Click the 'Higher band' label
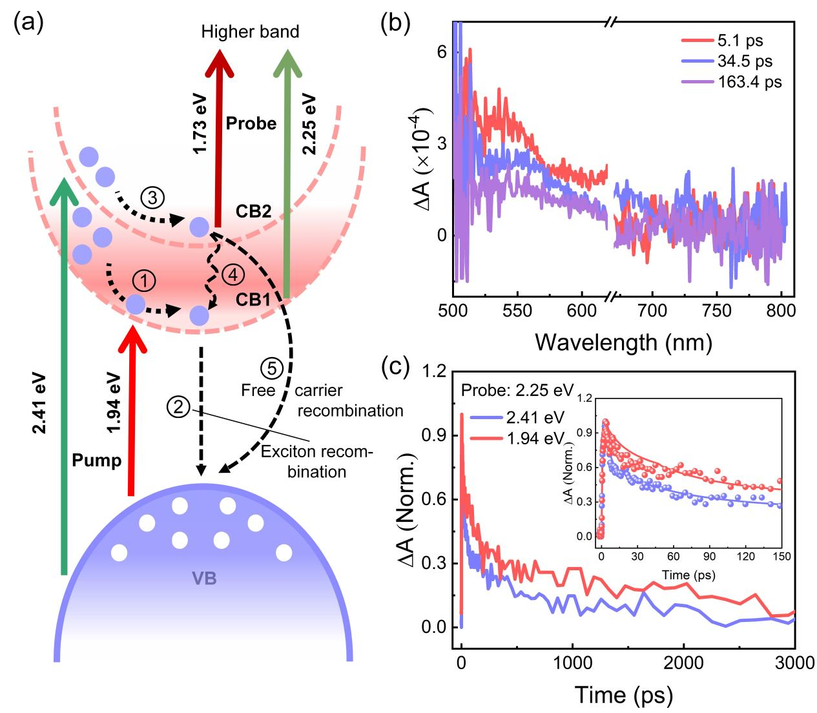point(250,32)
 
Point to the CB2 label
point(253,211)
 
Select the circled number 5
point(271,369)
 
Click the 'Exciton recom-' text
point(316,452)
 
